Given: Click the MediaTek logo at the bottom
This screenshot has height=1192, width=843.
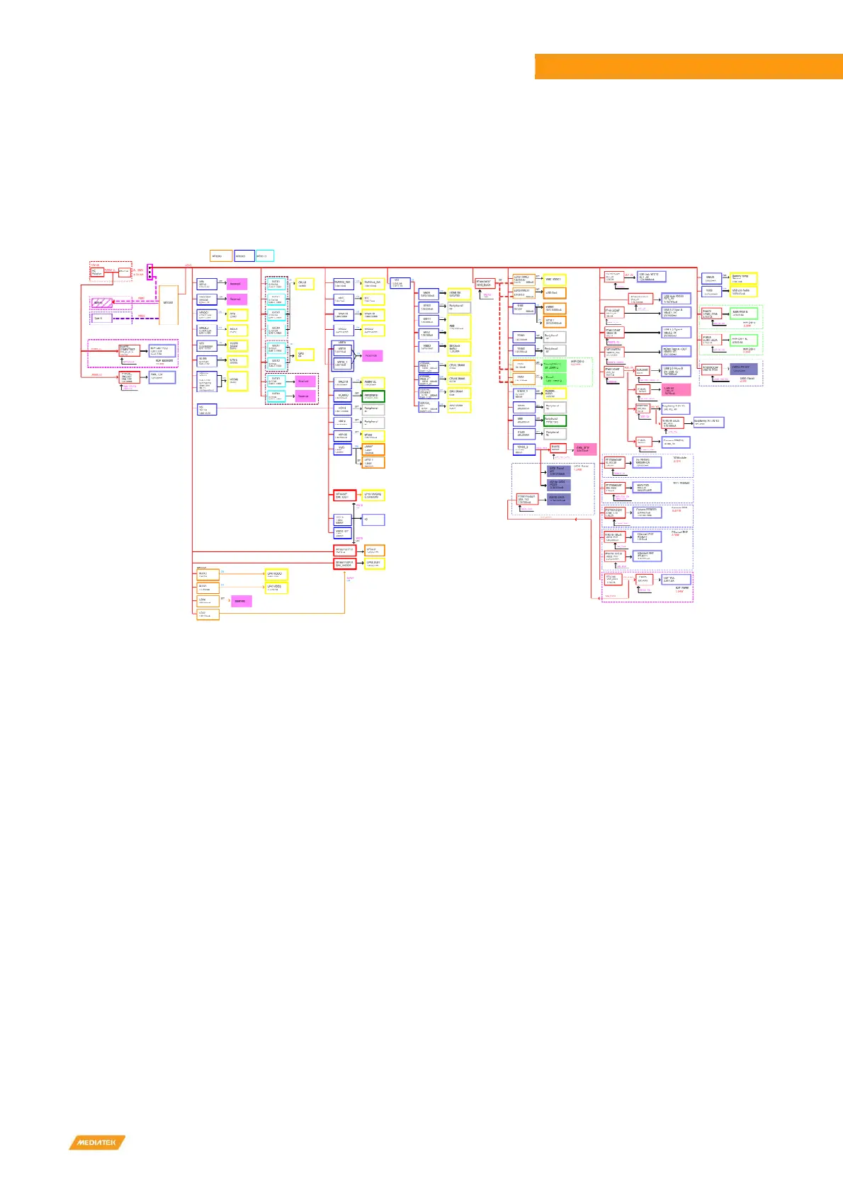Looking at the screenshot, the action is [97, 1142].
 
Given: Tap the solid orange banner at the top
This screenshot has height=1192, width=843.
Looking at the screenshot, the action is [688, 67].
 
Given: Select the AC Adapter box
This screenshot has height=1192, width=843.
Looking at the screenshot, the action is [97, 272].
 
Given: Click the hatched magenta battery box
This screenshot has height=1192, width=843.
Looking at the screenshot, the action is [101, 303].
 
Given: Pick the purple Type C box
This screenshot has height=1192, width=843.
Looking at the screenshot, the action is [101, 319].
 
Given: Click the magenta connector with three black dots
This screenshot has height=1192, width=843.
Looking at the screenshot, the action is [149, 270].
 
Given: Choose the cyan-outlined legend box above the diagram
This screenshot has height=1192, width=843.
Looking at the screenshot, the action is [264, 256].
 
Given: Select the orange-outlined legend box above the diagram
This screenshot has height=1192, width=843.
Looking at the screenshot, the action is [220, 256].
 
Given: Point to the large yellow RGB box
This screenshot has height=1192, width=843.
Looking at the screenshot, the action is [459, 327].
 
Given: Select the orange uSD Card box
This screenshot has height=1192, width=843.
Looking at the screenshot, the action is [555, 292].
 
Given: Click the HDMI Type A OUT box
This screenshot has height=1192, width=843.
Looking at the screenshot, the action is [676, 350].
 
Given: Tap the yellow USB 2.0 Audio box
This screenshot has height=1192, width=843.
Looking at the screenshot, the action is [743, 291].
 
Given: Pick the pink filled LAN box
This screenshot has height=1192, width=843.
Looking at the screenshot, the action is [676, 389].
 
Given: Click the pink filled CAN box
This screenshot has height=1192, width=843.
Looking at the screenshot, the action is [584, 449].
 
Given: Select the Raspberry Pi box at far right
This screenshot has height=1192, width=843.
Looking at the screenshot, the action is [708, 422].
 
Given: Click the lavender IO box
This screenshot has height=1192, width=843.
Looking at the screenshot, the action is [373, 520].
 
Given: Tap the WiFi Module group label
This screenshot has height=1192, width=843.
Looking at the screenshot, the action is [681, 483].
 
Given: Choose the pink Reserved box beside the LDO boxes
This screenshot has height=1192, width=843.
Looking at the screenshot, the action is [240, 601].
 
